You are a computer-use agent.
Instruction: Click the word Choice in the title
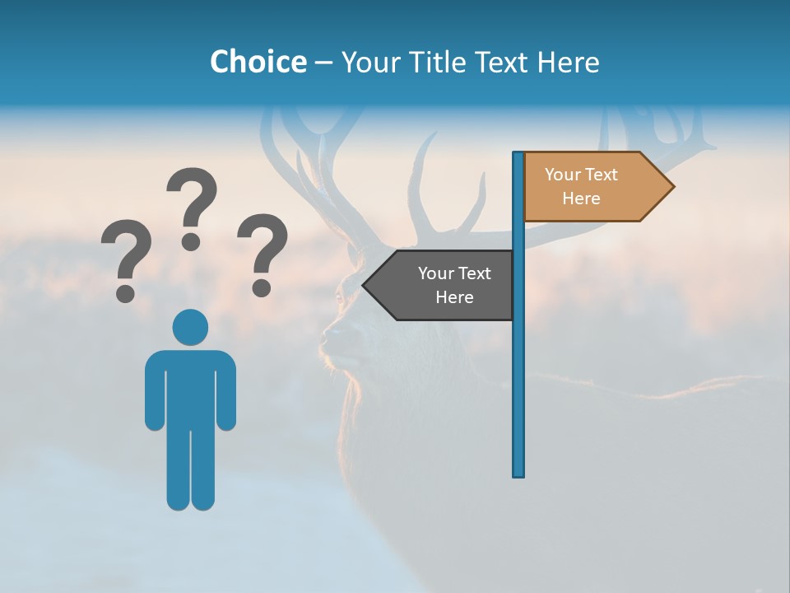(258, 62)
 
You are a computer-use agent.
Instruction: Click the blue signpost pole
(518, 371)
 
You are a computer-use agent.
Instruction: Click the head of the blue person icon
(190, 327)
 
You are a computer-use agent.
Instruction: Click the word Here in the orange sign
(581, 198)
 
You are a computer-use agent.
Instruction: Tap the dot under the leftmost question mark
(126, 292)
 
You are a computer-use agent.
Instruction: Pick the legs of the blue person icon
(190, 469)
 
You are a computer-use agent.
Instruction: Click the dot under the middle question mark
(192, 241)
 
